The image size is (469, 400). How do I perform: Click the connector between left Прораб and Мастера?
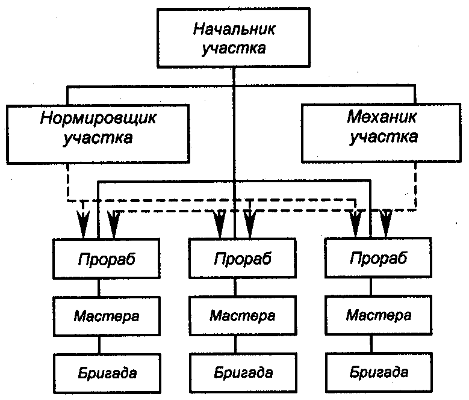coord(99,287)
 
